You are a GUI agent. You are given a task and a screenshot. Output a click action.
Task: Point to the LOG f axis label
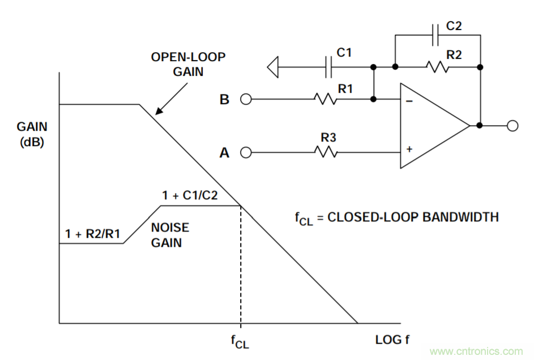pos(392,340)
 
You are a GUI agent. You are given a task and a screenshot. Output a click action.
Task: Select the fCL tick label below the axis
pos(240,342)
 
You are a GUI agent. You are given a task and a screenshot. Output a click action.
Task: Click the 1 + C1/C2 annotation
pos(190,196)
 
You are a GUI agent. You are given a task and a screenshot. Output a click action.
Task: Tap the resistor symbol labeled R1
pos(325,99)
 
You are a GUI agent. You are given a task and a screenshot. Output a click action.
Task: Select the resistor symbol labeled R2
pos(438,67)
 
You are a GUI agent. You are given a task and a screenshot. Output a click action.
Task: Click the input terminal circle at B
pos(245,99)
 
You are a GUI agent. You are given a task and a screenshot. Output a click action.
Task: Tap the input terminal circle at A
pos(245,152)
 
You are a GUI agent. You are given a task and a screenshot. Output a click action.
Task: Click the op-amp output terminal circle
pos(512,126)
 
